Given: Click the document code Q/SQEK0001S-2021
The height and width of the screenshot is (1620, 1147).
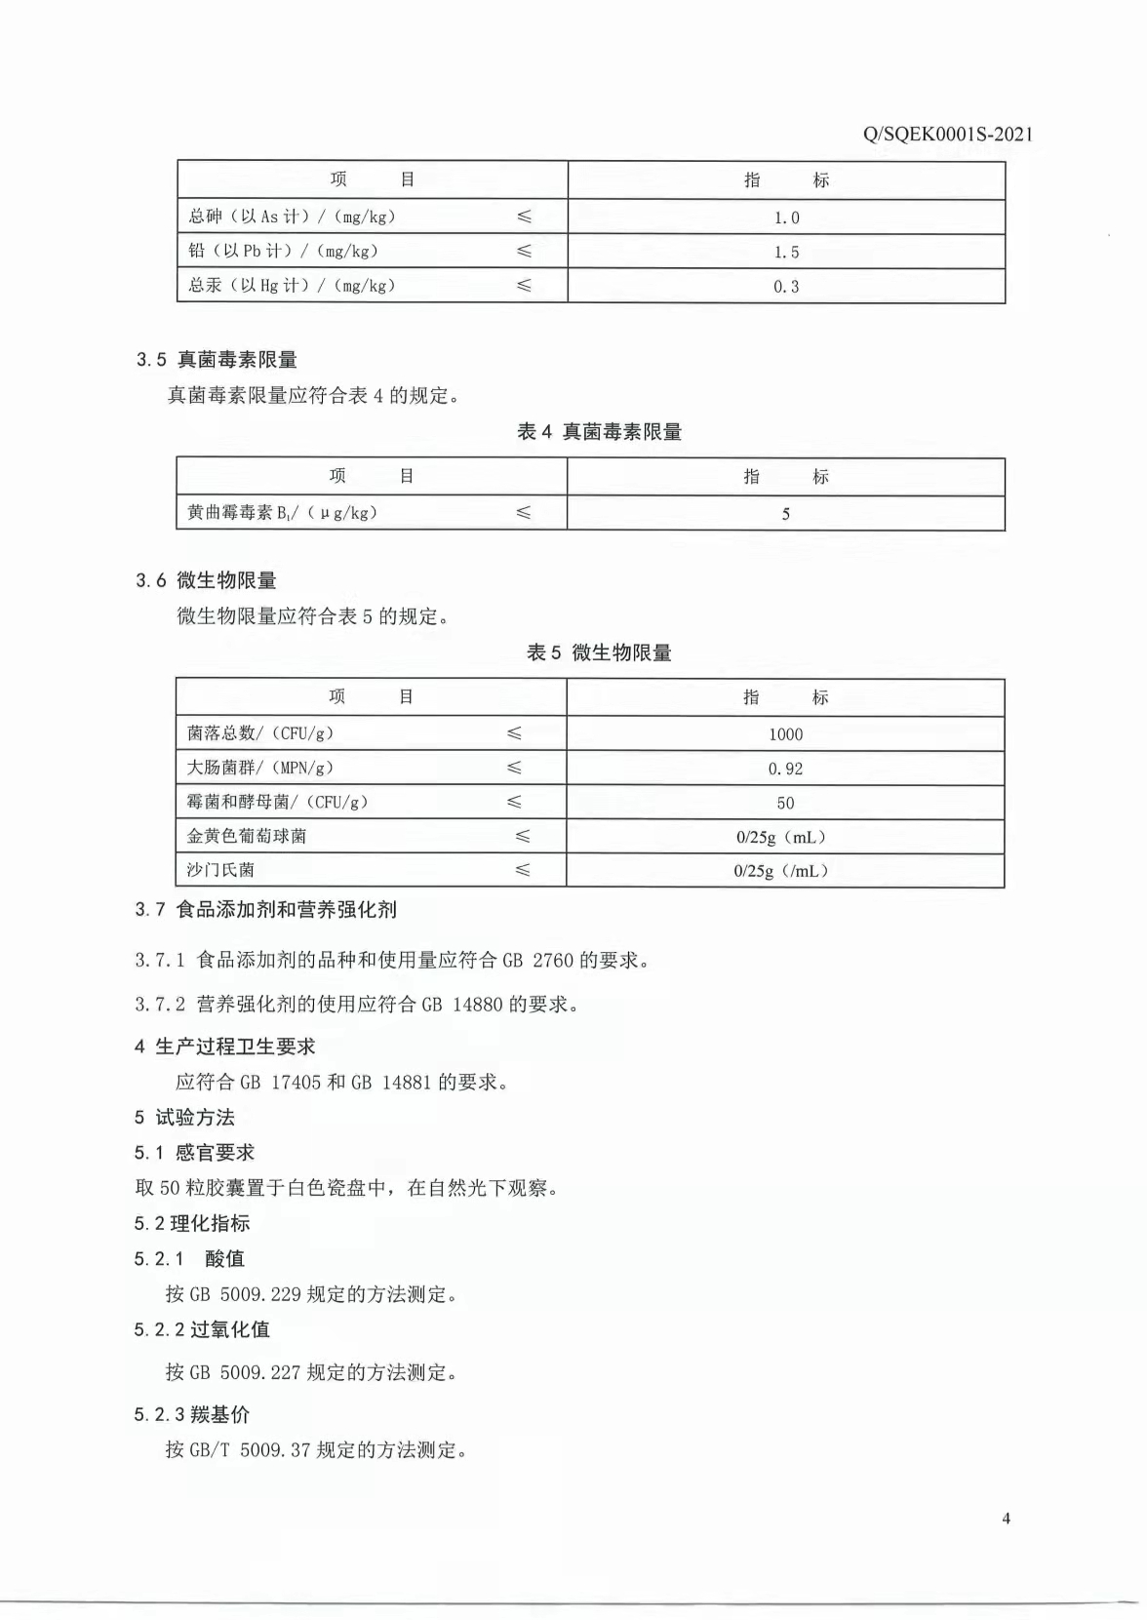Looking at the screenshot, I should point(947,135).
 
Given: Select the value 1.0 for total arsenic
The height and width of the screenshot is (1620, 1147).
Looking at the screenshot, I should point(786,218).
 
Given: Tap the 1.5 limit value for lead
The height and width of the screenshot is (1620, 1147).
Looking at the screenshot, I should point(786,253).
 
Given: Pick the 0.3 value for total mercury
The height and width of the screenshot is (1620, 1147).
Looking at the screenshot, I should point(786,287).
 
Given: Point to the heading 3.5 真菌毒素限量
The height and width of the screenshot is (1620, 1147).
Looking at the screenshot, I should point(217,360).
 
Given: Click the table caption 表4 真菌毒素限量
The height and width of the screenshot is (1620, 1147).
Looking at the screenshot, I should point(599,432).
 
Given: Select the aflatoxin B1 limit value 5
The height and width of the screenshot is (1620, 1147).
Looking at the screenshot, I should point(785,514).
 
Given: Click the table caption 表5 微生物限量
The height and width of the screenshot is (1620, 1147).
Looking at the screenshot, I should point(599,653).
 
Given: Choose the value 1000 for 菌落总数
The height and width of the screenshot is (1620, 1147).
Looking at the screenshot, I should point(785,734).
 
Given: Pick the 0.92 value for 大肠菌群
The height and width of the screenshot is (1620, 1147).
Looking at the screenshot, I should point(785,769).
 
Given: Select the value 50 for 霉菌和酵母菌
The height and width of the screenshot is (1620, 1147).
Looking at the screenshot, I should point(785,804).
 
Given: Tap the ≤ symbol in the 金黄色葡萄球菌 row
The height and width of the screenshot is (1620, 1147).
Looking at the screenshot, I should point(523,836).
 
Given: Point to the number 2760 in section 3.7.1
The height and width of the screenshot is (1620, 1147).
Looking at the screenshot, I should point(553,961).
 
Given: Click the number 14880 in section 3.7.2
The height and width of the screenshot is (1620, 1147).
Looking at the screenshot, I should point(477,1005).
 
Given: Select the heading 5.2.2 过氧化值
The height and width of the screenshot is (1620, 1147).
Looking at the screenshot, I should point(202,1330).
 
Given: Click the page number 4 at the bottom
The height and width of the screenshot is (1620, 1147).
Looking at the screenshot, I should point(1006,1519).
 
